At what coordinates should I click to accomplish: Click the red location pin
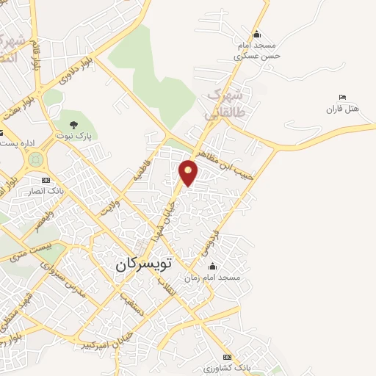click(189, 171)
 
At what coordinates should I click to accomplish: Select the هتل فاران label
click(342, 109)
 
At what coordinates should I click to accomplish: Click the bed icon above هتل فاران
click(342, 98)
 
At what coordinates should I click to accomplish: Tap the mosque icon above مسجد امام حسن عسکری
click(256, 34)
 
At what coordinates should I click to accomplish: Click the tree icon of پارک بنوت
click(73, 124)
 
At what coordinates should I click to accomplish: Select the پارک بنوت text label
click(73, 136)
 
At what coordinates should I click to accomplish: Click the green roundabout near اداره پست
click(35, 159)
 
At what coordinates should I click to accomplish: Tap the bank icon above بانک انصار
click(46, 180)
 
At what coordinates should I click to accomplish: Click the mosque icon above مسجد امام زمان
click(213, 265)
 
